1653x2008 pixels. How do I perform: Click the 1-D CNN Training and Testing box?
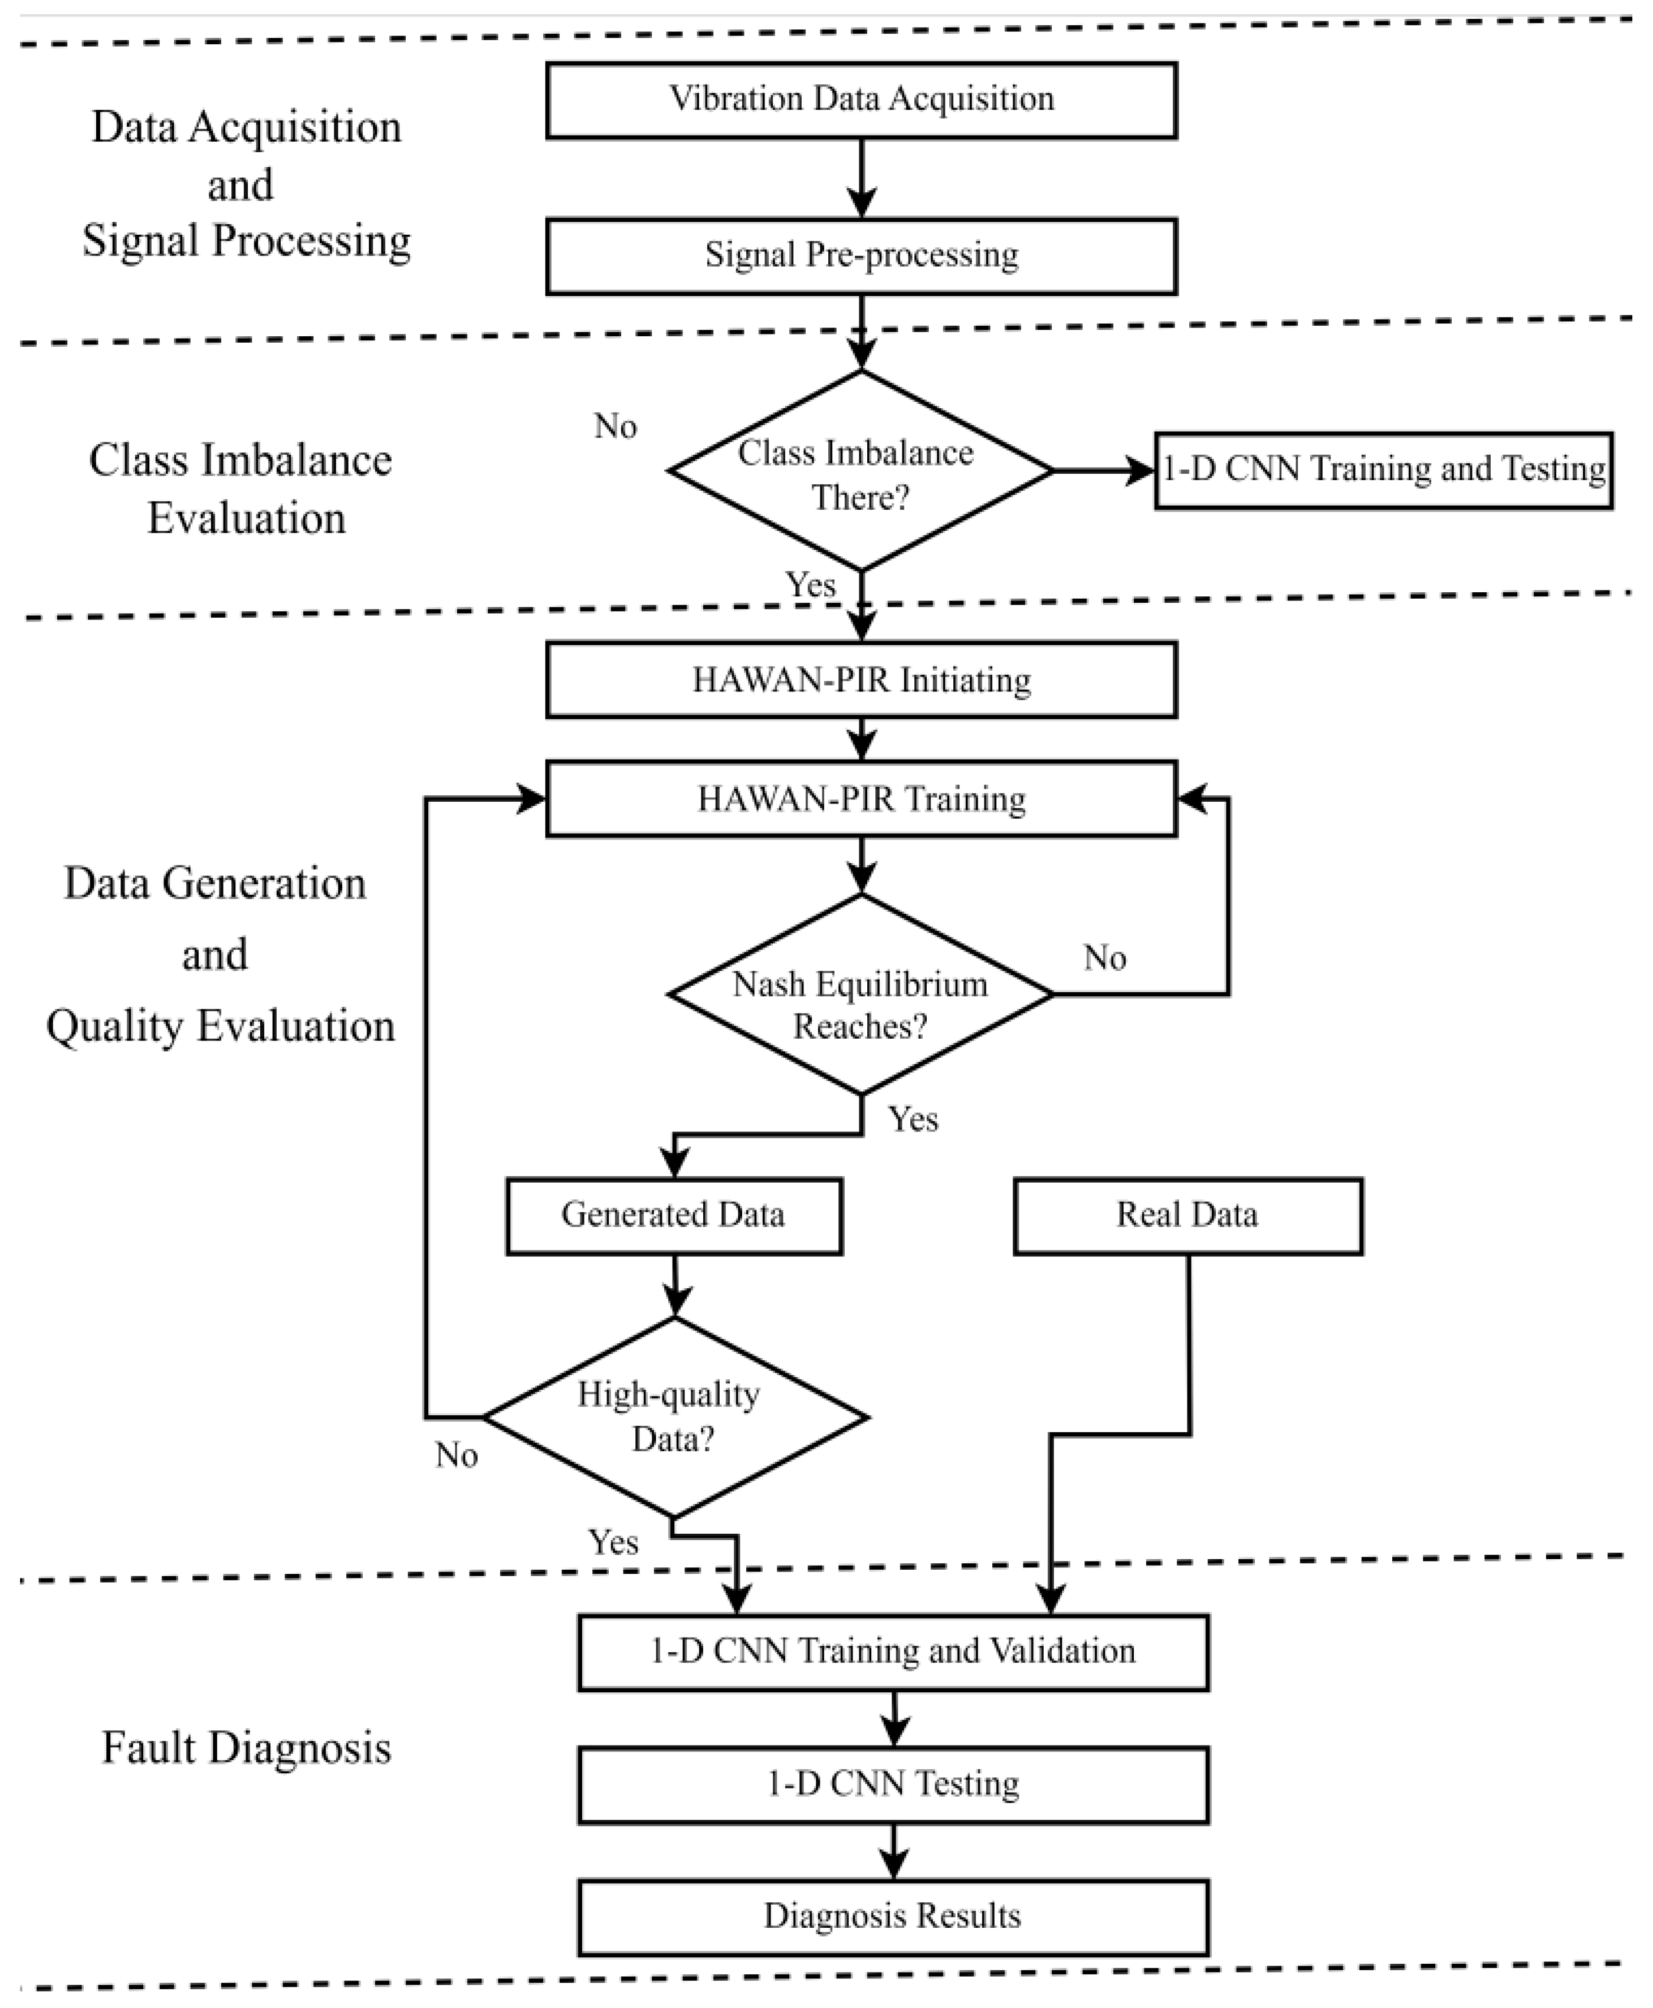(x=1383, y=470)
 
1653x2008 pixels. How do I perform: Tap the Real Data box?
(x=1188, y=1216)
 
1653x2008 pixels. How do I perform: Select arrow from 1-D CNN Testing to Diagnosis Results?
(x=893, y=1850)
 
